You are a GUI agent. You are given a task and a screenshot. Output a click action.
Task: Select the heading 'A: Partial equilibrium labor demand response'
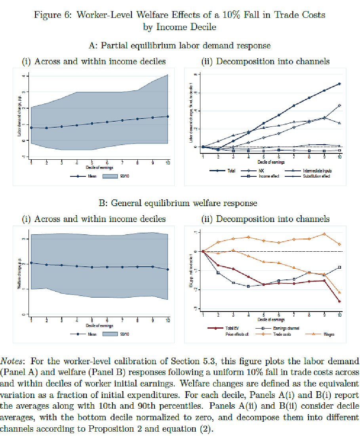pos(180,46)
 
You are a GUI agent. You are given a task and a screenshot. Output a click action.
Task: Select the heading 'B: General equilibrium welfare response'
pos(180,203)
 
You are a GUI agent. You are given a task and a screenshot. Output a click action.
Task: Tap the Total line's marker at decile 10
pos(340,84)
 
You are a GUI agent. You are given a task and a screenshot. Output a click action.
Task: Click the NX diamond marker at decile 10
pos(340,105)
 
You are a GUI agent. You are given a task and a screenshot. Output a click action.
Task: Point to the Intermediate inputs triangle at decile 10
pos(340,123)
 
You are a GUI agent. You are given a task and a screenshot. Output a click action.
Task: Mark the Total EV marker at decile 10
pos(340,302)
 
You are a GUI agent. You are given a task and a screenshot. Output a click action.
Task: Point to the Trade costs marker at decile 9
pos(324,234)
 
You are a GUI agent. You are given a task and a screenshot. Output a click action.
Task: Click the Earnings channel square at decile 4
pos(248,286)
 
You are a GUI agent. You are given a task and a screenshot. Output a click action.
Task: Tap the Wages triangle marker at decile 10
pos(340,293)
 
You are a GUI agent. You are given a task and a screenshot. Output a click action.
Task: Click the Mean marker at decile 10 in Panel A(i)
pos(168,117)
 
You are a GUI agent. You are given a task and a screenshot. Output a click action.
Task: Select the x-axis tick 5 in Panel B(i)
pos(92,319)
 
